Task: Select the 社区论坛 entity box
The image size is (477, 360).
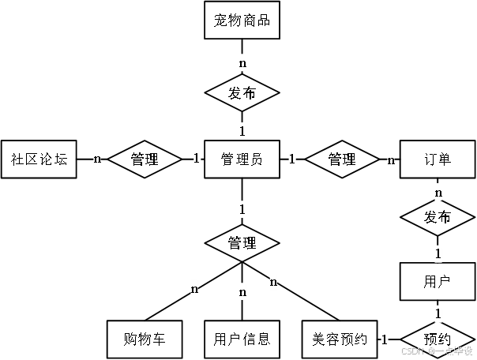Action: pyautogui.click(x=39, y=159)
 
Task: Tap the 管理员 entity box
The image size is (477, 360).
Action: pyautogui.click(x=242, y=159)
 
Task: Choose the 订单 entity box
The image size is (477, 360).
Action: pyautogui.click(x=438, y=159)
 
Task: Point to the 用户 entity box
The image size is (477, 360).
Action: pyautogui.click(x=438, y=281)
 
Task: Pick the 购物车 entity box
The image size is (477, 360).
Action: pyautogui.click(x=145, y=339)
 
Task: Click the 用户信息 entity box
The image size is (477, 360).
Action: pyautogui.click(x=242, y=339)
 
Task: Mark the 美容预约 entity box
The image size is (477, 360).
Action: pyautogui.click(x=340, y=339)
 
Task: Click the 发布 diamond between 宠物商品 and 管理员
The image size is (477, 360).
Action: pyautogui.click(x=242, y=93)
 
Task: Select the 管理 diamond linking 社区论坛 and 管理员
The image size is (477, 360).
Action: pyautogui.click(x=145, y=159)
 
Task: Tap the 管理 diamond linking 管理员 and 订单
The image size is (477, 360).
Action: pyautogui.click(x=341, y=159)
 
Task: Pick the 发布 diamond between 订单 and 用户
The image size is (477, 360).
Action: pyautogui.click(x=438, y=217)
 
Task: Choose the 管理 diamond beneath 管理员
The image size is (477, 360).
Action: pyautogui.click(x=242, y=242)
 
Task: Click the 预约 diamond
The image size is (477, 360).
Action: pyautogui.click(x=438, y=339)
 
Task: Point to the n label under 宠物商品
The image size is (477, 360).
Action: pyautogui.click(x=242, y=61)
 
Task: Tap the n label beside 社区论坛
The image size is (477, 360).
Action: pyautogui.click(x=97, y=159)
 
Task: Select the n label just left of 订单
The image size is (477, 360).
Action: pyautogui.click(x=391, y=160)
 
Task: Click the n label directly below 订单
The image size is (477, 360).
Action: pyautogui.click(x=438, y=192)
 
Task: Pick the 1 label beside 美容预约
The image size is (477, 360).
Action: pyautogui.click(x=385, y=339)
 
